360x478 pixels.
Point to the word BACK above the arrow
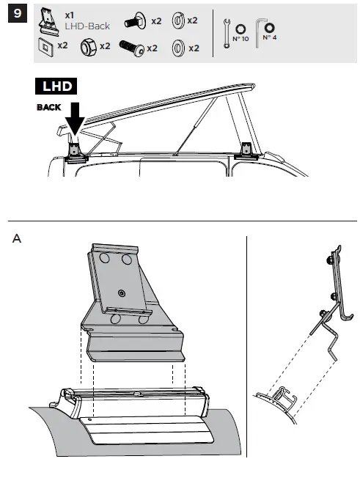[50, 107]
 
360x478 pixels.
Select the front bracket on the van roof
[247, 150]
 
